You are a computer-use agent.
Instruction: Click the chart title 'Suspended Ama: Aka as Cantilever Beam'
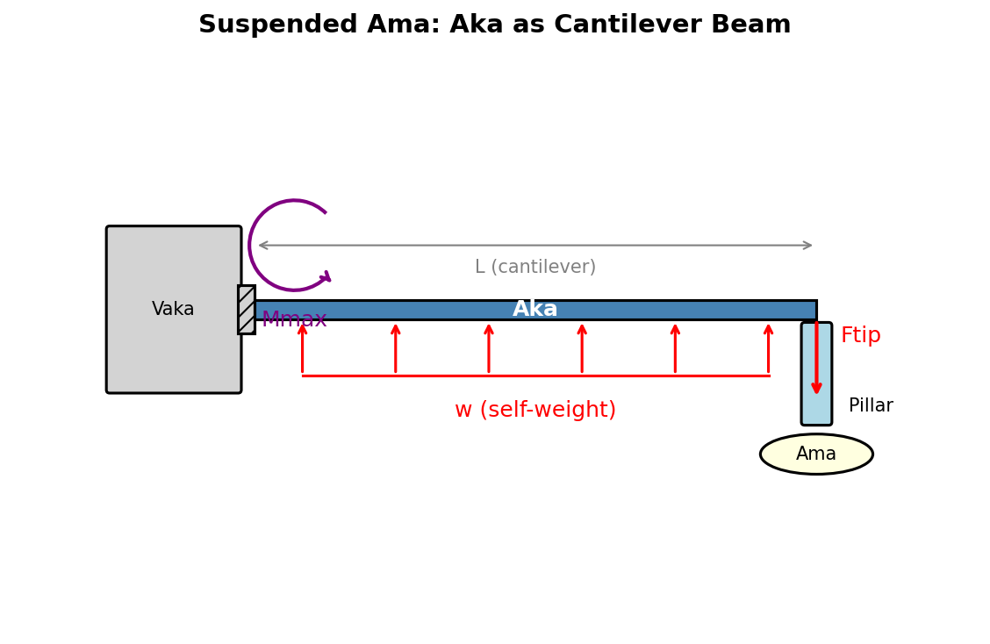[494, 25]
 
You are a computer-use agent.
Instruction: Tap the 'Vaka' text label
[173, 310]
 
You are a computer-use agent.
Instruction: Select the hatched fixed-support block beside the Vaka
[247, 310]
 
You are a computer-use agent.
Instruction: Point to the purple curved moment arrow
[252, 246]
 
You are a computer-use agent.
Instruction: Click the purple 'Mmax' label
[294, 320]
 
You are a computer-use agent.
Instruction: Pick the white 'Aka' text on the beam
[534, 310]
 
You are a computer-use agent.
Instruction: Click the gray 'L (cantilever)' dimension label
[534, 268]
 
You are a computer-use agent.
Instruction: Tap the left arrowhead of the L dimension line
[262, 246]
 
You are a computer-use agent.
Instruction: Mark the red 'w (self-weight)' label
[534, 411]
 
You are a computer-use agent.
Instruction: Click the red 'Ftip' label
[860, 336]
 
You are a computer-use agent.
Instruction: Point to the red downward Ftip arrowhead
[816, 387]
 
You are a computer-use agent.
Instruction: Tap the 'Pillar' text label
[871, 406]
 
